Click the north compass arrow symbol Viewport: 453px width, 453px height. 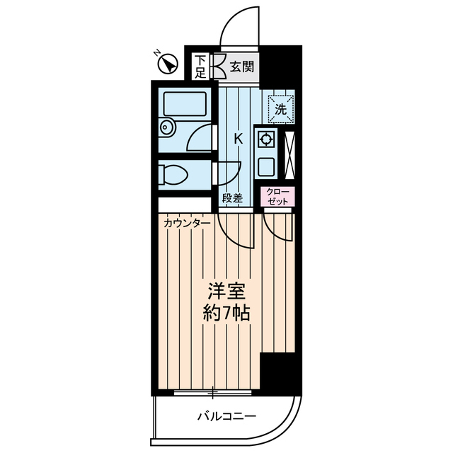pos(168,64)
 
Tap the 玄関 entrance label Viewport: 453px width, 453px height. pos(242,67)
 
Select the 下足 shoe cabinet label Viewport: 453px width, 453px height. pos(200,67)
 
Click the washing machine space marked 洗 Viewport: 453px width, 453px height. pos(280,109)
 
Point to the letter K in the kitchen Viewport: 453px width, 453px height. pos(239,139)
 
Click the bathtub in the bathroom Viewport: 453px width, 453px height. pos(185,105)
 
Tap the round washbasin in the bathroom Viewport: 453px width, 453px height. pos(168,128)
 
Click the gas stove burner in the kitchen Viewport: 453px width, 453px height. pos(267,139)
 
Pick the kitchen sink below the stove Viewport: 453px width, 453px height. pos(267,167)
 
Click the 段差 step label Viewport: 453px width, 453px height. pos(232,198)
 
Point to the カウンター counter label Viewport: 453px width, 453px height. pos(186,224)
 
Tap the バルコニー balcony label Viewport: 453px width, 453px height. pos(226,415)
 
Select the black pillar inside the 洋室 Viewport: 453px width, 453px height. pos(277,371)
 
